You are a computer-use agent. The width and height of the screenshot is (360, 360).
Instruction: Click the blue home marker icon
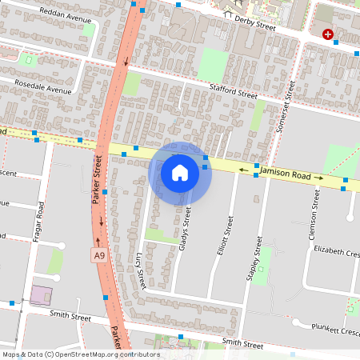pos(180,173)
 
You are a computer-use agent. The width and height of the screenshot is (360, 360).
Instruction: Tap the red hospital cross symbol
pos(328,34)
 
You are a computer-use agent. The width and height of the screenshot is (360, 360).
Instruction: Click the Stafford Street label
pos(233,91)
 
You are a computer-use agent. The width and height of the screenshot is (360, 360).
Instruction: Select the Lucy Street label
pos(140,269)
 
